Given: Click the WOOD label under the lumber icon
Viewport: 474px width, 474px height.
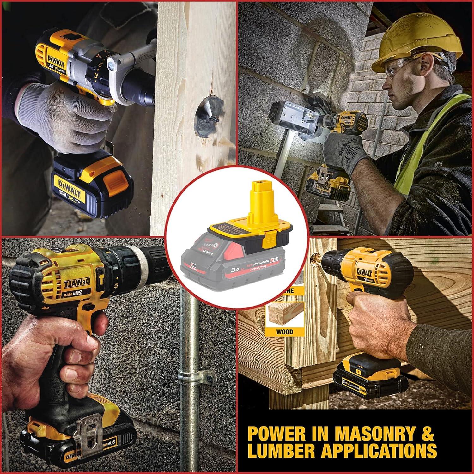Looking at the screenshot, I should [285, 332].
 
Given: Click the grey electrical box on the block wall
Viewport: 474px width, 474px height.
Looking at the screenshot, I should [291, 122].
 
